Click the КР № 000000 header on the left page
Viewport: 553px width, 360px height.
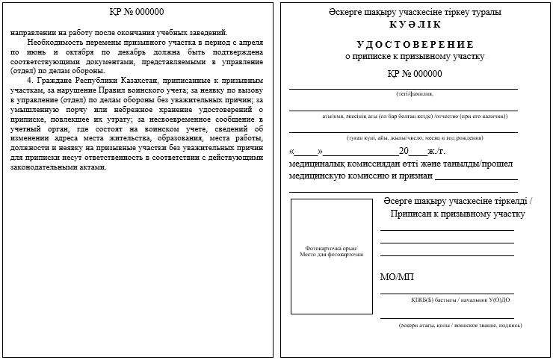coord(137,12)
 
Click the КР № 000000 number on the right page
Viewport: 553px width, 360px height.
coord(415,73)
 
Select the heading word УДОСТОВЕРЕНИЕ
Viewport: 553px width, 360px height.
coord(415,44)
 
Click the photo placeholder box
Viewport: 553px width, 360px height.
coord(331,255)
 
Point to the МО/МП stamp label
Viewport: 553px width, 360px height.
coord(397,277)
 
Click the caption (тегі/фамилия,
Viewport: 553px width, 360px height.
coord(415,93)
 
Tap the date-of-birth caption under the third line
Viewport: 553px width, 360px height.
coord(415,137)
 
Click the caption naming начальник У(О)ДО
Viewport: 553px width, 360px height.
coord(460,300)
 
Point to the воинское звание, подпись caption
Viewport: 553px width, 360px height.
coord(460,326)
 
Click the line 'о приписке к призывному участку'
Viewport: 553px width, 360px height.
coord(415,56)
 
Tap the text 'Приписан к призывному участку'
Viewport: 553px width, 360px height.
coord(457,214)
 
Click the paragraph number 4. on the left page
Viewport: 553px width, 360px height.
coord(30,80)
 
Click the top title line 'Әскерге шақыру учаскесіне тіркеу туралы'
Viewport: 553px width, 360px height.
coord(415,12)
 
